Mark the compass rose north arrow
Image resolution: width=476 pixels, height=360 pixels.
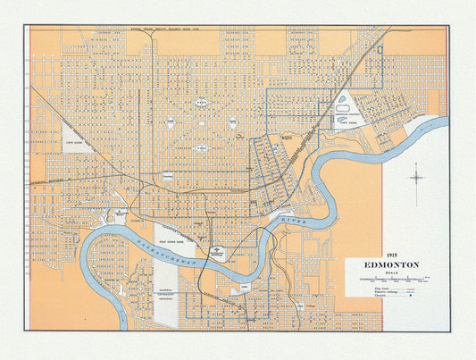pyautogui.click(x=417, y=176)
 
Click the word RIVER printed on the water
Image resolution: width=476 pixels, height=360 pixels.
pyautogui.click(x=292, y=218)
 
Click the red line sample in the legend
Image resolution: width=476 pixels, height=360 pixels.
pyautogui.click(x=413, y=289)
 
